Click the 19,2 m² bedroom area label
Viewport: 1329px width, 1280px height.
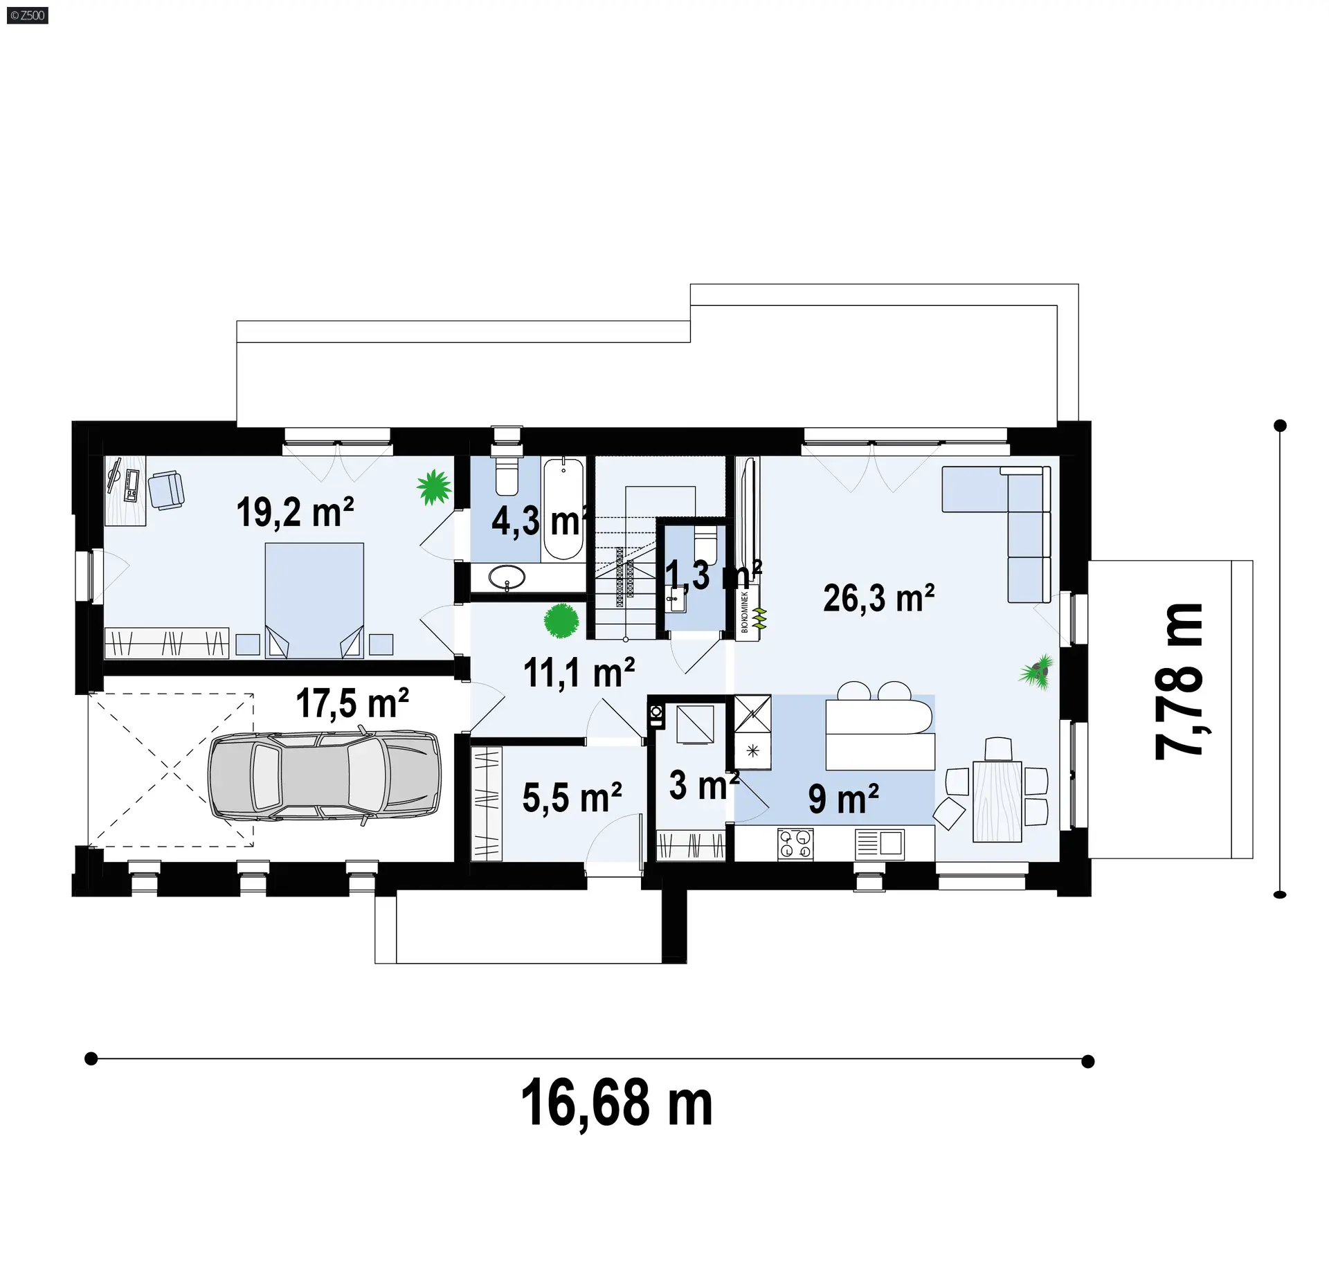click(296, 512)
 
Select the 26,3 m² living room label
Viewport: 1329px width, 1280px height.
click(878, 598)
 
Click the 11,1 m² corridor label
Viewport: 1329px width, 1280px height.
click(579, 672)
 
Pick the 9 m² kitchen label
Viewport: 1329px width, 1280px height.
click(843, 799)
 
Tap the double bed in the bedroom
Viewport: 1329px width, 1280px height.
click(314, 600)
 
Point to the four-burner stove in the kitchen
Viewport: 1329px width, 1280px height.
click(795, 845)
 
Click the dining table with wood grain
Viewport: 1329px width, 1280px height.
click(997, 801)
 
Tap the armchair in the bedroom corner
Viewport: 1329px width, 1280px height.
click(167, 489)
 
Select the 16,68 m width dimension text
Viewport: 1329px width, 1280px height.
click(616, 1103)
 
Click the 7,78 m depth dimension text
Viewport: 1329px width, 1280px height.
click(1179, 682)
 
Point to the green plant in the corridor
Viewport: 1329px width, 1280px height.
click(561, 620)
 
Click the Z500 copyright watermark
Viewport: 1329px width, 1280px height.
click(28, 15)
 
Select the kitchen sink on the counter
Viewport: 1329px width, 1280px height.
click(880, 842)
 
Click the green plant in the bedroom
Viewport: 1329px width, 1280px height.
click(434, 487)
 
